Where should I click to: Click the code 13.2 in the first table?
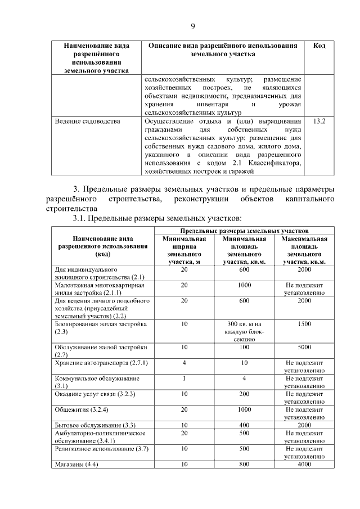pos(318,121)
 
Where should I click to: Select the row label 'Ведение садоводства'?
pos(87,121)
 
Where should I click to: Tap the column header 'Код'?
pos(318,45)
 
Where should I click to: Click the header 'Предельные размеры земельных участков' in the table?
pos(245,231)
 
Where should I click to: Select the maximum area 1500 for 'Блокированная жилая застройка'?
pos(304,325)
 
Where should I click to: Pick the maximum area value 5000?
pos(304,348)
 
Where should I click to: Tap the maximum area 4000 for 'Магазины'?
pos(304,465)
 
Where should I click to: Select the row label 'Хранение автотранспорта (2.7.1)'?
pos(101,363)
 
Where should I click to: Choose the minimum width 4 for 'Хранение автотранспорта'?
pos(184,363)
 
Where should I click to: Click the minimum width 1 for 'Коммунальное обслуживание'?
pos(184,379)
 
